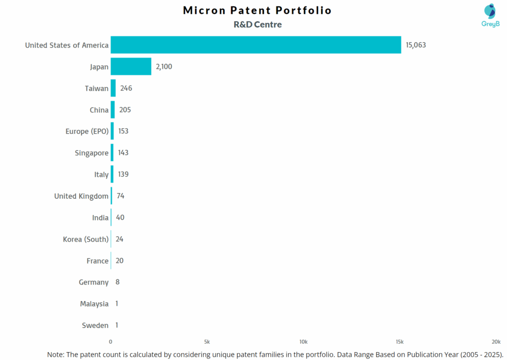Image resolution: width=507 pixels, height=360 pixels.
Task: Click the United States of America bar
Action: (x=255, y=45)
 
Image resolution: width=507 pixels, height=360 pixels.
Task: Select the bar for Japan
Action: (x=131, y=66)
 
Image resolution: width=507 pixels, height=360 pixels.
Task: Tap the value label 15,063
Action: (x=416, y=45)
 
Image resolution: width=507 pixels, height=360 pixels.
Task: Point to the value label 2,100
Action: (x=164, y=66)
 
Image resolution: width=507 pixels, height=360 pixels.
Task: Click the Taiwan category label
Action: (x=97, y=88)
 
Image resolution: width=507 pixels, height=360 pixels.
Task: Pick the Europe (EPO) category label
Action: (x=87, y=131)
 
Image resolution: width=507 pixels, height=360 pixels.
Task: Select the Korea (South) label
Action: (x=86, y=239)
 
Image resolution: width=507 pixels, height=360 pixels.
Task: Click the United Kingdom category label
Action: (x=81, y=196)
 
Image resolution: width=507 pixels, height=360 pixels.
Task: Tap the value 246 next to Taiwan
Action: (x=126, y=88)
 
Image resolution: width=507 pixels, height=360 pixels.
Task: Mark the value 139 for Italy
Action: (x=123, y=174)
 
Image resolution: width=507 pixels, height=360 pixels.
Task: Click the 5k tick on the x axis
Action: (x=207, y=342)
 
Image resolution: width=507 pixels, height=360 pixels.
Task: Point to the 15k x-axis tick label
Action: (x=400, y=342)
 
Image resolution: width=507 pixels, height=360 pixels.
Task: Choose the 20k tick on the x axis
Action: (x=496, y=342)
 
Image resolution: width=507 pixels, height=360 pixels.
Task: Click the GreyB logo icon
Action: (x=490, y=11)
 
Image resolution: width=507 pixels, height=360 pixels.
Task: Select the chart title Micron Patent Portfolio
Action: (x=257, y=10)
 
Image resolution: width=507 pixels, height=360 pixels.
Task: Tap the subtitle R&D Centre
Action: (x=257, y=24)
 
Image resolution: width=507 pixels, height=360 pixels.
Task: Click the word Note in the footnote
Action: (x=56, y=355)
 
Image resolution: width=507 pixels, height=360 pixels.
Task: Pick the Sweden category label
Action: (x=95, y=325)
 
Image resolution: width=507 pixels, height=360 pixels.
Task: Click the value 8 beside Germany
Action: (x=117, y=282)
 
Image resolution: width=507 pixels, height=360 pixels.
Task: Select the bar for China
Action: (x=113, y=109)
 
